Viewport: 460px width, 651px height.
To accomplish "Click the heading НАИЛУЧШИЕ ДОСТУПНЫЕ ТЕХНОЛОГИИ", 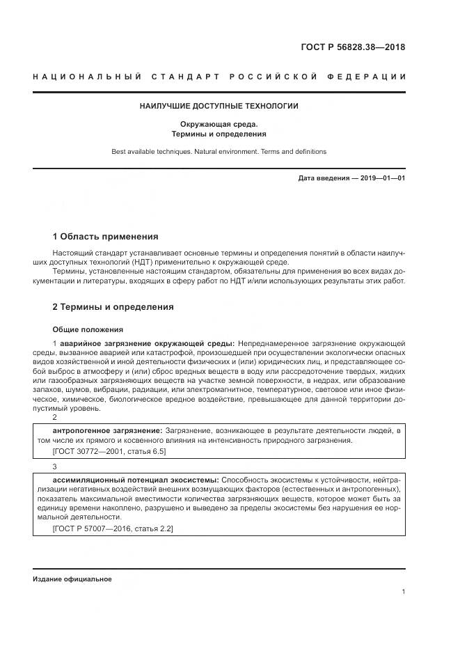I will (219, 107).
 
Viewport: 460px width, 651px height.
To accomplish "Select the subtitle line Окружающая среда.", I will (219, 125).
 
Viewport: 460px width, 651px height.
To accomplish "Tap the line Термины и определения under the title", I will (219, 134).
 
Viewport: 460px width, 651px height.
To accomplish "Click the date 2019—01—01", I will (382, 178).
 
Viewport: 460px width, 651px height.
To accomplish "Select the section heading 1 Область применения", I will (106, 236).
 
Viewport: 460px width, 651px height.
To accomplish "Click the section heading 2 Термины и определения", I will (113, 307).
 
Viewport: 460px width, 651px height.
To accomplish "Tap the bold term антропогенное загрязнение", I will (106, 432).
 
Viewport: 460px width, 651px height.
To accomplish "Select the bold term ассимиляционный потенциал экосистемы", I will (136, 480).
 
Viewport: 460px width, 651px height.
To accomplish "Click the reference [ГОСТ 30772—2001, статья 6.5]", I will (109, 451).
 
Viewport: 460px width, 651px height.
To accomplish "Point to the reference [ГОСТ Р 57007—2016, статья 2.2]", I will (113, 529).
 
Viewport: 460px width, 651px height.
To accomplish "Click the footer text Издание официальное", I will (72, 579).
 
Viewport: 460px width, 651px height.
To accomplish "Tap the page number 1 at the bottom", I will (404, 591).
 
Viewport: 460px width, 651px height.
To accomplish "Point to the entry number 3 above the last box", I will (55, 466).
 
